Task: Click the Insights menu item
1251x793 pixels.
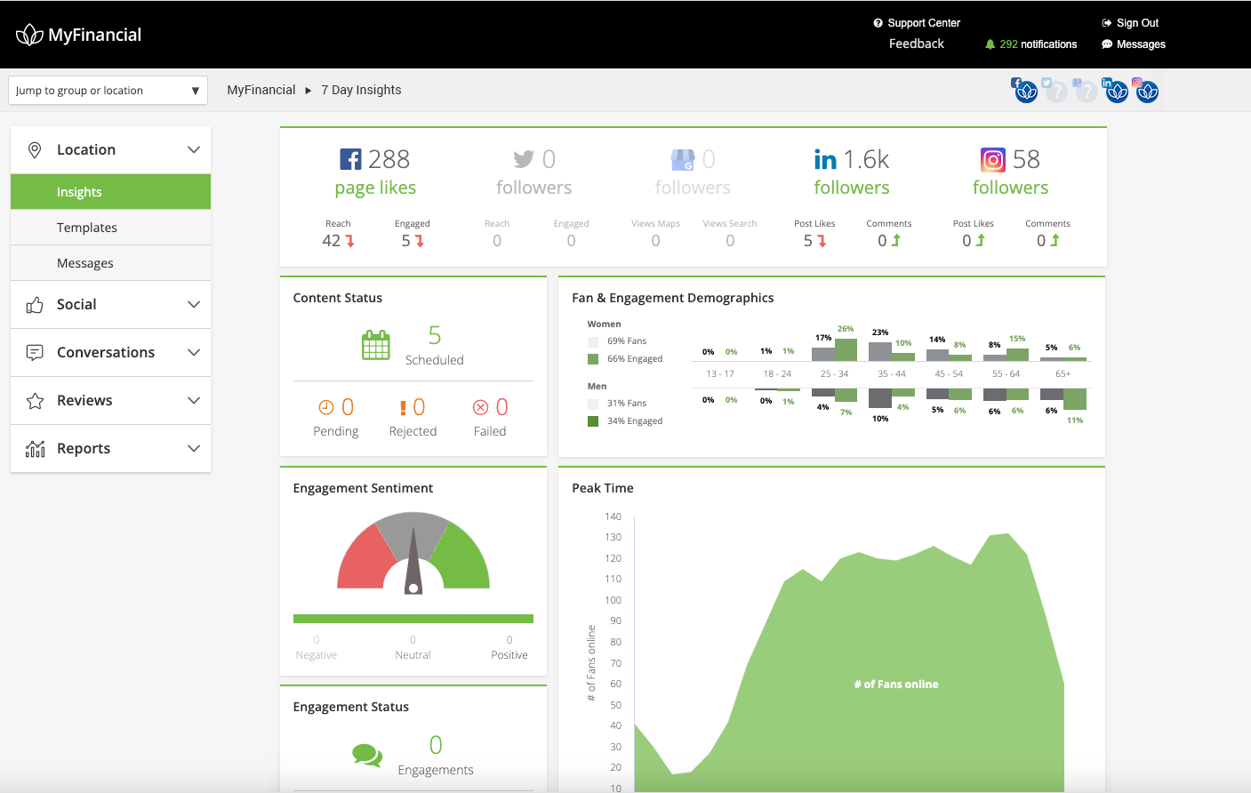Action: pos(79,192)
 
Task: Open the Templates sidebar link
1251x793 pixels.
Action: pos(87,228)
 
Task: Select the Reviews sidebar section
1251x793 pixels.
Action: pos(84,400)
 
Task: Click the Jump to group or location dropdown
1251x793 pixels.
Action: pos(108,91)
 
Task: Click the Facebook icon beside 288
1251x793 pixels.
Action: pos(351,159)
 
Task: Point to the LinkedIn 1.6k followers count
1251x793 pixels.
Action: pos(865,159)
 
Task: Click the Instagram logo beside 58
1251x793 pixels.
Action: pos(993,160)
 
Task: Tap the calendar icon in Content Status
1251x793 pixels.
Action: pos(375,345)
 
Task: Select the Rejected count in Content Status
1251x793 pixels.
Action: pos(419,407)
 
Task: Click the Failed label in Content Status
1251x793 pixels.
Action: pos(489,431)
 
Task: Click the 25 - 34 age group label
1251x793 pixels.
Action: pos(834,373)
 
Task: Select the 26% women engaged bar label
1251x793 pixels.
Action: pos(846,329)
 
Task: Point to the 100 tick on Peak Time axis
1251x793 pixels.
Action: pos(613,600)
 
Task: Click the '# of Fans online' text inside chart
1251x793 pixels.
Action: pos(896,685)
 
